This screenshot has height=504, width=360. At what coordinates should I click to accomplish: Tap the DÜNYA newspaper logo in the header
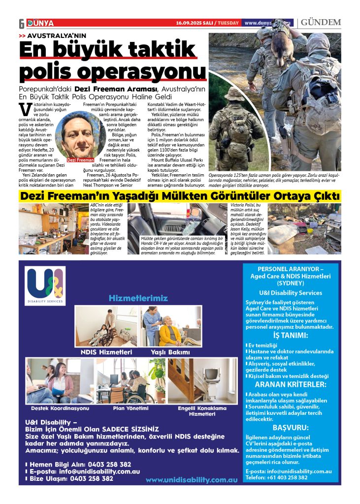[41, 23]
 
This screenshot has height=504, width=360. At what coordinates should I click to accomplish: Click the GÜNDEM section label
[321, 23]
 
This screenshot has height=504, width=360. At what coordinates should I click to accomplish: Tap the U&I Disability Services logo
[45, 286]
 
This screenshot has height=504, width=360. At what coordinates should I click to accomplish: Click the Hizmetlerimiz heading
[138, 298]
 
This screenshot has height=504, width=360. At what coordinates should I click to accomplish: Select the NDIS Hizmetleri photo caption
[106, 352]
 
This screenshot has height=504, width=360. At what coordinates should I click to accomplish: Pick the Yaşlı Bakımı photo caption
[170, 352]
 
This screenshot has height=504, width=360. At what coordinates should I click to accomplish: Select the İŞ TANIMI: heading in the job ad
[290, 336]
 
